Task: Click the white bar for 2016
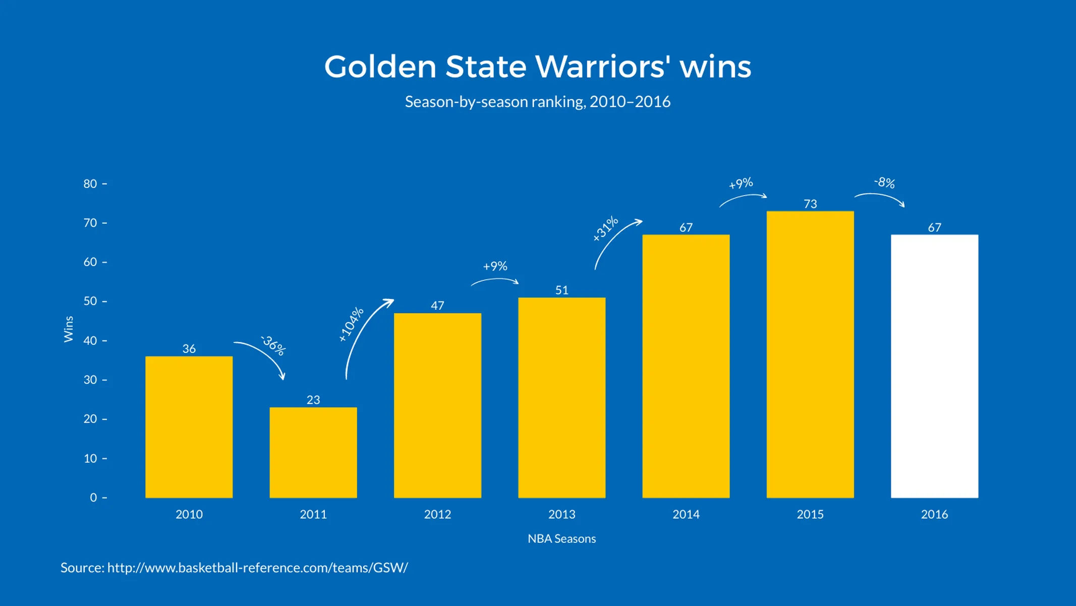934,366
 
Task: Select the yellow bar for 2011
313,452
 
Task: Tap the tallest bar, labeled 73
810,354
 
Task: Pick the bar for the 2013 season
561,397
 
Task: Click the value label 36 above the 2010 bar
189,348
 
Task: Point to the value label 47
437,306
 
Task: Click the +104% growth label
351,324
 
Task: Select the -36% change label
273,345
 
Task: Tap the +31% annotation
605,228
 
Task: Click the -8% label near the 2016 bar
884,182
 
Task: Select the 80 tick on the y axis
90,184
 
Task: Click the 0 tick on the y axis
93,497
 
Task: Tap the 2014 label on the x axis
686,514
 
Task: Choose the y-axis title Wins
69,329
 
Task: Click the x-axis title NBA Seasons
561,538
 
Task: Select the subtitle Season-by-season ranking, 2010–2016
537,102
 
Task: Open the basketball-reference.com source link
257,568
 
